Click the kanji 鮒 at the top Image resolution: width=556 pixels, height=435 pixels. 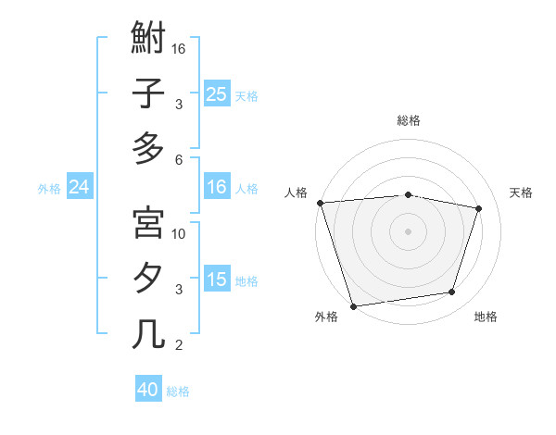[x=148, y=40]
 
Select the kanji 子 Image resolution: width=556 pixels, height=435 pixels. [x=148, y=93]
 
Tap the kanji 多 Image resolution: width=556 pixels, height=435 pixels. [x=148, y=148]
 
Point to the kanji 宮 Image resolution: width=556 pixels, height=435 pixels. [x=148, y=223]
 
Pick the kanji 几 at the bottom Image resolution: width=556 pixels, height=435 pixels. [x=148, y=333]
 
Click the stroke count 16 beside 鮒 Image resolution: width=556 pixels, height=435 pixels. [x=180, y=48]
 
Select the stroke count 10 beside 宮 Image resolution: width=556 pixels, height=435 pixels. [x=180, y=233]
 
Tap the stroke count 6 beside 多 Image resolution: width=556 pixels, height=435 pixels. [x=179, y=159]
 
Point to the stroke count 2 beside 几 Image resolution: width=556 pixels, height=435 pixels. [x=179, y=345]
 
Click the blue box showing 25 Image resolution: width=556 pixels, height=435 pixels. [x=217, y=93]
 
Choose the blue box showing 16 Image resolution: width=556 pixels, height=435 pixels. [x=217, y=187]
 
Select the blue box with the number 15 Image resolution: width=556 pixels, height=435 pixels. [x=217, y=280]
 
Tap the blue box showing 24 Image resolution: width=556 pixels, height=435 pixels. [x=80, y=187]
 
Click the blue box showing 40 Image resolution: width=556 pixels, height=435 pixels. [x=148, y=390]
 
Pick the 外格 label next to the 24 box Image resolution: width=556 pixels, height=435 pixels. [x=49, y=188]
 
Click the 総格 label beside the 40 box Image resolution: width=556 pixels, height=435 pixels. [x=178, y=391]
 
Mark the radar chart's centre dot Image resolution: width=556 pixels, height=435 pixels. [x=408, y=230]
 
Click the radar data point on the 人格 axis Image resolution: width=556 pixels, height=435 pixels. [x=320, y=203]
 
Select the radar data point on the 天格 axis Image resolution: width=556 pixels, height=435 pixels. [x=478, y=208]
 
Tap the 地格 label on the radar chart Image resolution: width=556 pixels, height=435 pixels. [x=486, y=317]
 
